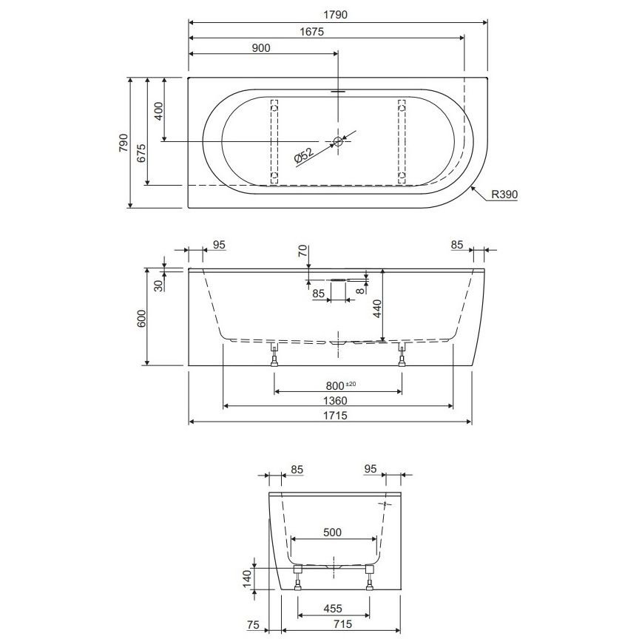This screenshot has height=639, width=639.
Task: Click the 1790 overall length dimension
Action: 335,15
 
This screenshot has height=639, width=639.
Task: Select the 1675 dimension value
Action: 312,31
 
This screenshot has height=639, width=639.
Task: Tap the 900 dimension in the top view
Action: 261,48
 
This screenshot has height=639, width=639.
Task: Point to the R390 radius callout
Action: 504,195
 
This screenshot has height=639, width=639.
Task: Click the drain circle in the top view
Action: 338,141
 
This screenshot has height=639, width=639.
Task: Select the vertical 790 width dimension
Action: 124,143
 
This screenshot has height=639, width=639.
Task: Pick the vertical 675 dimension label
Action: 141,153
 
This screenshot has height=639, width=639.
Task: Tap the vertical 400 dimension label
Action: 158,111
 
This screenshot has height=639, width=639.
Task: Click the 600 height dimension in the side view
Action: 141,319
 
